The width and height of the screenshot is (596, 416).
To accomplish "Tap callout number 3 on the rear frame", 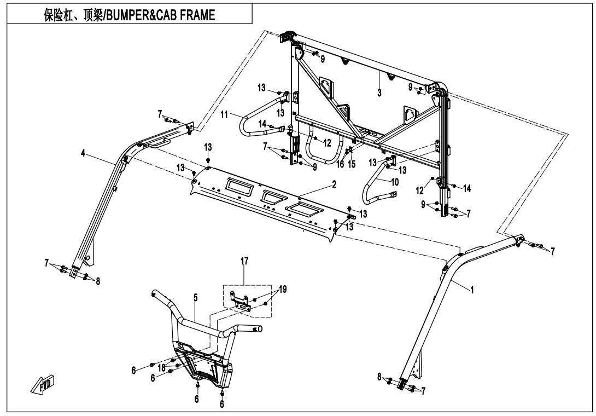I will click(x=379, y=93).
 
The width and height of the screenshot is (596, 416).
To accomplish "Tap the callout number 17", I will click(x=244, y=261).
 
